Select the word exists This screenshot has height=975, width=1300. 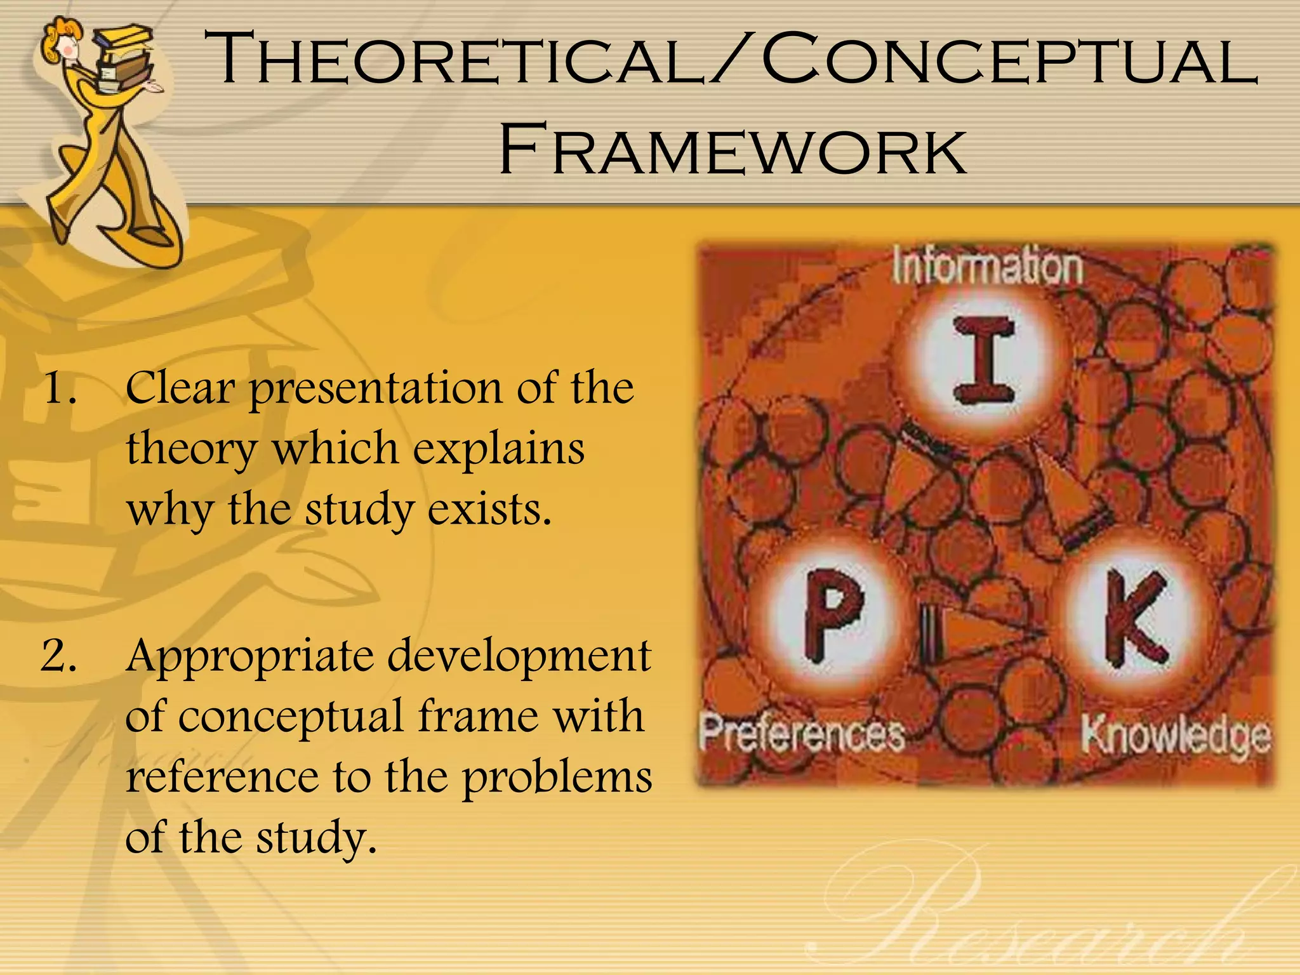coord(489,509)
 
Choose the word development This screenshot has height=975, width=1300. coord(519,658)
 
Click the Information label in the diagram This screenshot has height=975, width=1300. coord(987,267)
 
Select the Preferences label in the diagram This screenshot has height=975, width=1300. coord(802,735)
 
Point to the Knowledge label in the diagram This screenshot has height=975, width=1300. coord(1176,736)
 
